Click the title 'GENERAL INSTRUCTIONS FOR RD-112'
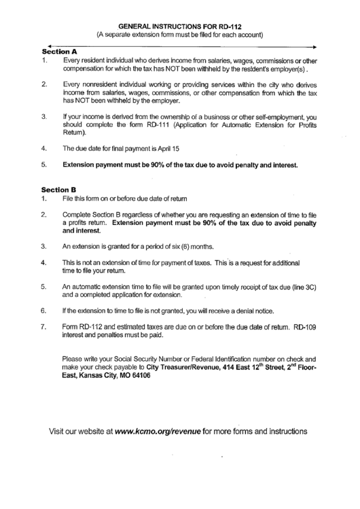point(179,22)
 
